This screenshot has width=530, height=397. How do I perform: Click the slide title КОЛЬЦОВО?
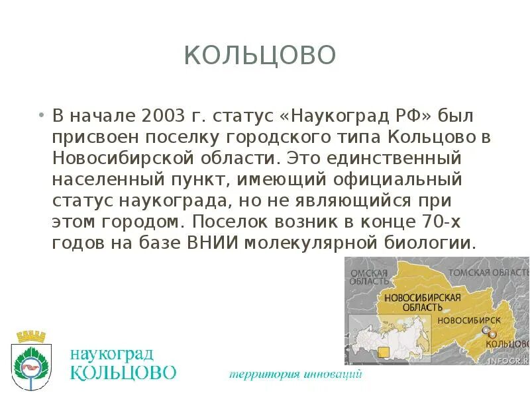click(x=260, y=56)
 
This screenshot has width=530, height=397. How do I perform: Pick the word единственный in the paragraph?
click(x=396, y=159)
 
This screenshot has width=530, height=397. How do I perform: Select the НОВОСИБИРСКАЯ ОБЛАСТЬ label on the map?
click(x=422, y=302)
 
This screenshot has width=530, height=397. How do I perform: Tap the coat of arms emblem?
click(x=31, y=361)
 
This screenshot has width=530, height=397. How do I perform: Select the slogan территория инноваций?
click(x=295, y=375)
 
